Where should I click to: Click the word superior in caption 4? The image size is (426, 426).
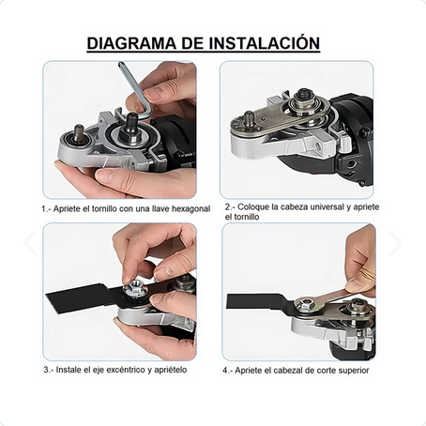point(348,370)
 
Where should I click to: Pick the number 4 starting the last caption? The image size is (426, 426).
point(225,370)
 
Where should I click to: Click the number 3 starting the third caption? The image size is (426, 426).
point(44,370)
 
